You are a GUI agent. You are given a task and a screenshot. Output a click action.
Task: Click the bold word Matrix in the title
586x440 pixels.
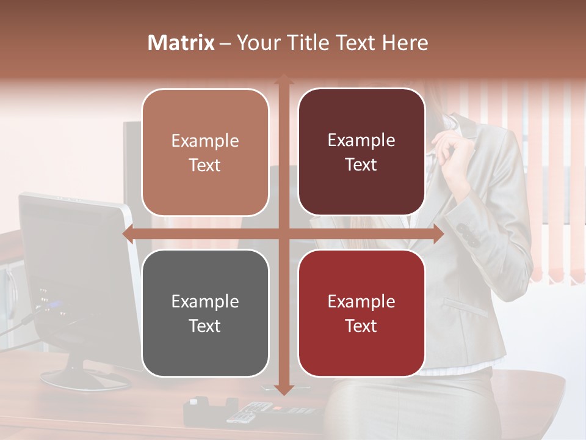point(181,43)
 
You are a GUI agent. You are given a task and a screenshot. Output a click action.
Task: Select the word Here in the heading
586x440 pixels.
point(405,43)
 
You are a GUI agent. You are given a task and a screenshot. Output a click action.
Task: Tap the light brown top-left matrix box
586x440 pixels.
point(205,153)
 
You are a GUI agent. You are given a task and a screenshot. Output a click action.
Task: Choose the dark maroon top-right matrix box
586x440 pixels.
point(361,152)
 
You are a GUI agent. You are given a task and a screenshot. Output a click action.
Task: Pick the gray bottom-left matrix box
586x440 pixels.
point(205,313)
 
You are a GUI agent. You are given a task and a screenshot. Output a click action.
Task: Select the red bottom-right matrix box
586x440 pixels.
point(361,313)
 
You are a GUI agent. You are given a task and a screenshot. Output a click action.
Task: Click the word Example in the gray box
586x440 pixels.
point(205,301)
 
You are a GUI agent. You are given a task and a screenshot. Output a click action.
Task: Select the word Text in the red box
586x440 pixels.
point(361,326)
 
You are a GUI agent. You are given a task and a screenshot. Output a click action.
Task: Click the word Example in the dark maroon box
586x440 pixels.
point(361,140)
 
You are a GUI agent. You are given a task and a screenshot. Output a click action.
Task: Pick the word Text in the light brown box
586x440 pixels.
point(205,166)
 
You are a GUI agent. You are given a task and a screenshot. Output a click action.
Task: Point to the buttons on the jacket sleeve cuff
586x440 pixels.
point(467,234)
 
